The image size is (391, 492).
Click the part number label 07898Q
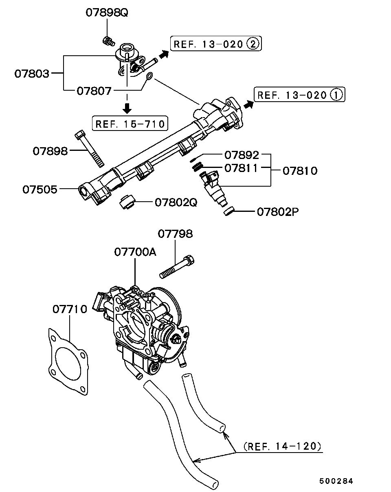[107, 13]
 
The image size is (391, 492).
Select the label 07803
[32, 74]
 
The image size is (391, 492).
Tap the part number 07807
[94, 91]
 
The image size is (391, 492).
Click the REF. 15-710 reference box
[130, 124]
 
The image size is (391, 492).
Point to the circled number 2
[253, 44]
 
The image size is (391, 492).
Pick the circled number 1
[336, 94]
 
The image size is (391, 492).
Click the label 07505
[40, 189]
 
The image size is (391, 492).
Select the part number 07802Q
[176, 202]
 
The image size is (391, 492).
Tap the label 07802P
[278, 212]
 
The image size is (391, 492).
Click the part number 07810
[300, 171]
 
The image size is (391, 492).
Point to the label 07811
[241, 168]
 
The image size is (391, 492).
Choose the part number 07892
[242, 155]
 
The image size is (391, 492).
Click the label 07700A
[135, 252]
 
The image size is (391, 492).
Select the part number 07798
[176, 234]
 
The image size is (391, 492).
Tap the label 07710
[70, 309]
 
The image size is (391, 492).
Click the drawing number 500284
[336, 481]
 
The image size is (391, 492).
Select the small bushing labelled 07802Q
[127, 201]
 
